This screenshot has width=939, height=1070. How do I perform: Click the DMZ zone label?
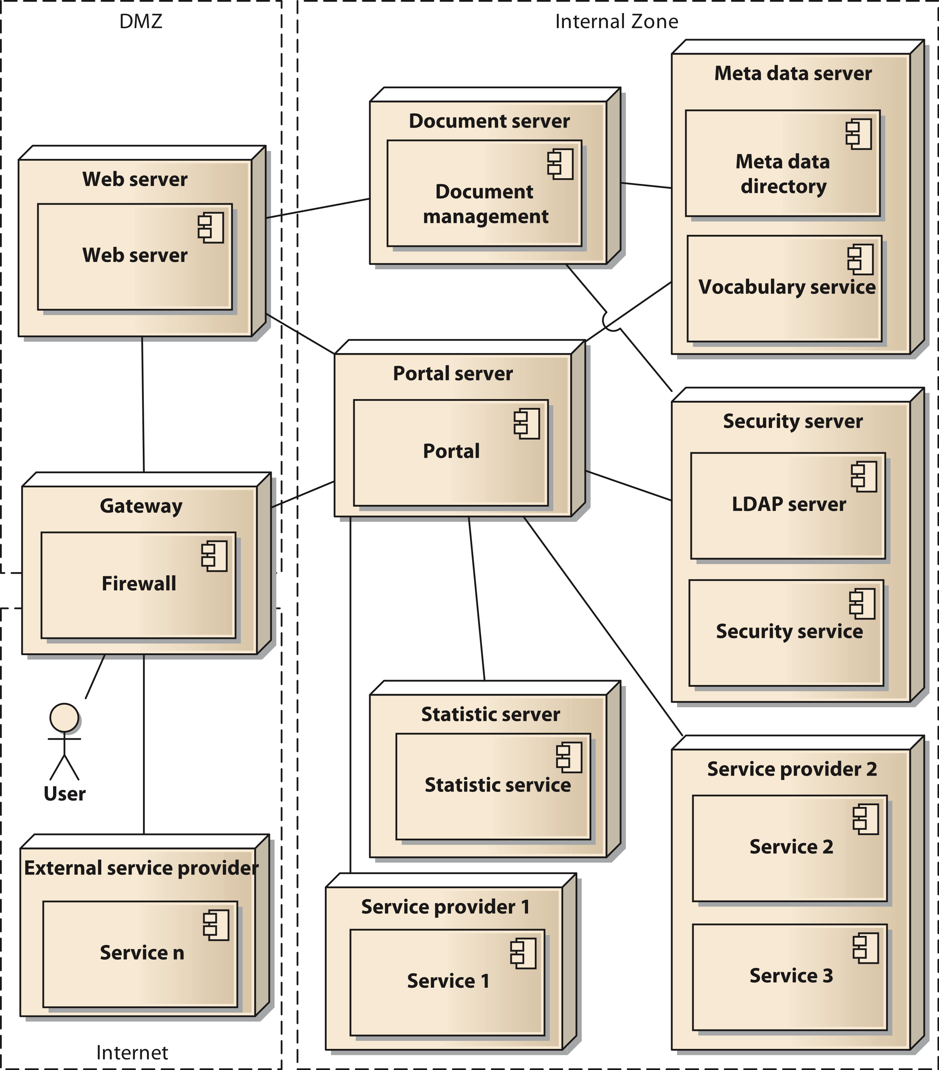point(141,21)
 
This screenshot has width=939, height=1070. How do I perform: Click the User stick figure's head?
point(64,718)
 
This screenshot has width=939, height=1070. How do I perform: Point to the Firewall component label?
point(139,583)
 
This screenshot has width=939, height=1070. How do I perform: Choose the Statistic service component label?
point(497,785)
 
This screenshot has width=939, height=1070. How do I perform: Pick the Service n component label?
point(142,952)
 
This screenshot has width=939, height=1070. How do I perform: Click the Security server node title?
point(792,421)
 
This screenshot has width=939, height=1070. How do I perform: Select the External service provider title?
point(141,867)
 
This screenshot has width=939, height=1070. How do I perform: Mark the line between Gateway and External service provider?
point(144,743)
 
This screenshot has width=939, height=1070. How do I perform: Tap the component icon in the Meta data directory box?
point(858,134)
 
